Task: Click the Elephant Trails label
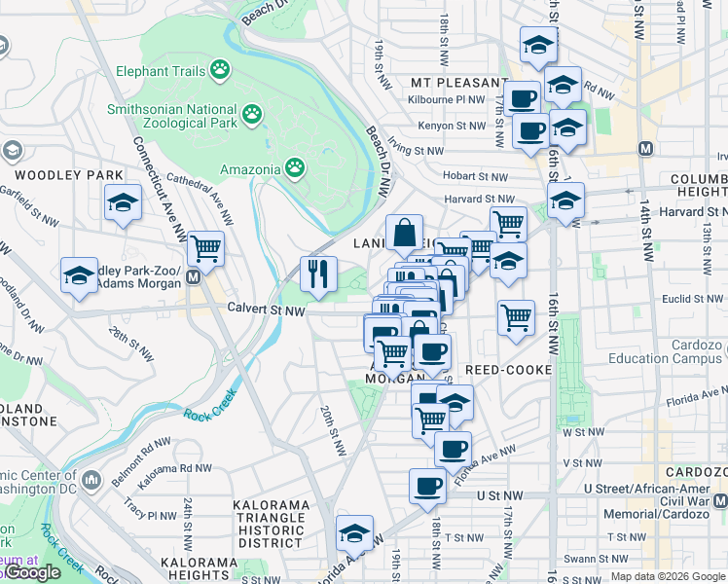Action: coord(161,71)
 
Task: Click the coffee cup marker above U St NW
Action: coord(427,486)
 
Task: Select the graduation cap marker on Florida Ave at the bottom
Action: coord(354,534)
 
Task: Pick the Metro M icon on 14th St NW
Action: coord(644,149)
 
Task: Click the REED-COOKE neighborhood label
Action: coord(509,371)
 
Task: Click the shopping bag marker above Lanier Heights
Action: coord(404,234)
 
